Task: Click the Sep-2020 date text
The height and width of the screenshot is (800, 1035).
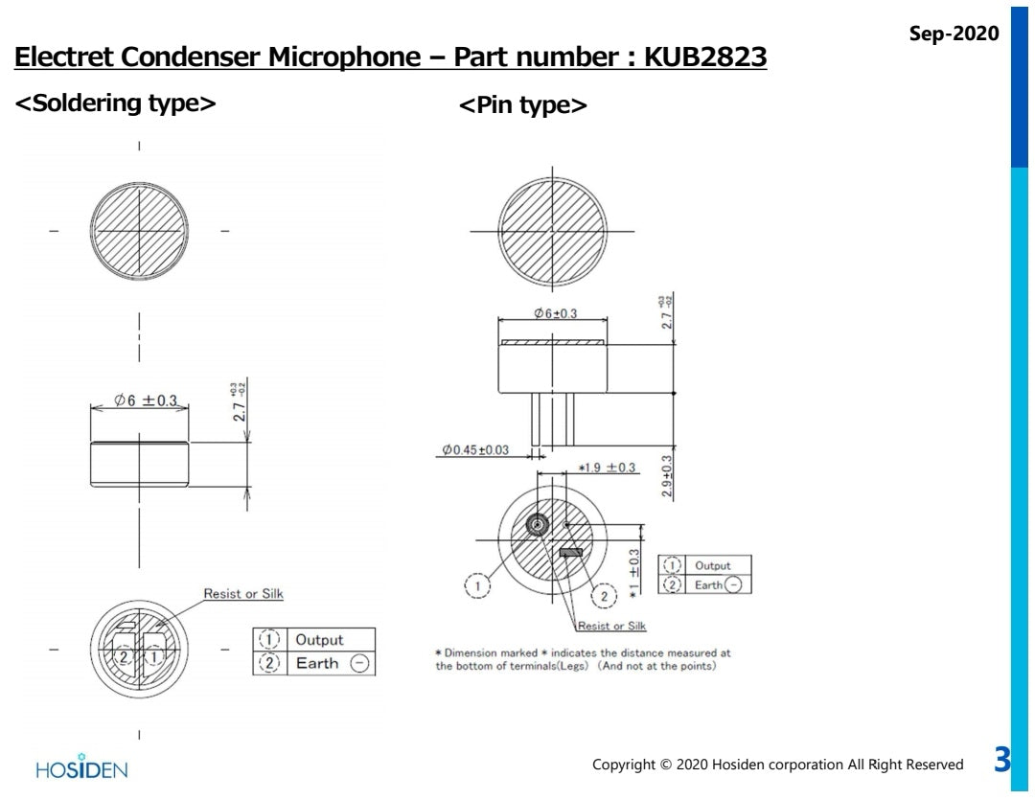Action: (954, 33)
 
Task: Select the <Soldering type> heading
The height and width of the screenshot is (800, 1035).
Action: (115, 103)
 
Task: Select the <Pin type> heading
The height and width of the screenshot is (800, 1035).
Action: (523, 105)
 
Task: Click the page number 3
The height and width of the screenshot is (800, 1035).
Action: (1001, 762)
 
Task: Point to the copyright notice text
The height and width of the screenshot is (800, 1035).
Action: (777, 765)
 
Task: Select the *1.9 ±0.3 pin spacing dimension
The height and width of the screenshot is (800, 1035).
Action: (607, 468)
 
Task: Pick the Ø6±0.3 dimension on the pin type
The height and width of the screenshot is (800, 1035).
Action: (555, 314)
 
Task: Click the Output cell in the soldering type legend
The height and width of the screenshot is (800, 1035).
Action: (318, 639)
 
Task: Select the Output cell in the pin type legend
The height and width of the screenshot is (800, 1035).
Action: (712, 565)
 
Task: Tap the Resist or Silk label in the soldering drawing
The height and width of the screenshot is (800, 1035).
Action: (243, 594)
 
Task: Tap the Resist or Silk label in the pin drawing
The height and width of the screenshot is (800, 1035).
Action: (610, 627)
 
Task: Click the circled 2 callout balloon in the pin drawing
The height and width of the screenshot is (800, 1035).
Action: (604, 596)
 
